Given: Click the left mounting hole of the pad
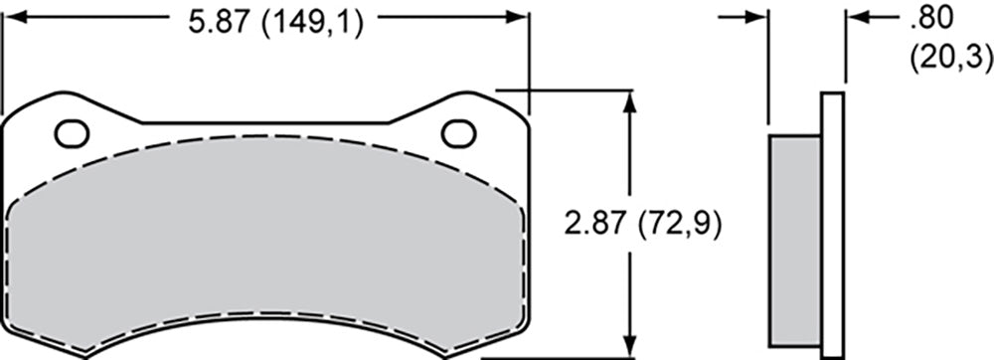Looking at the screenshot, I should [71, 132].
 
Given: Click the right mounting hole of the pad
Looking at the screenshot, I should [458, 132].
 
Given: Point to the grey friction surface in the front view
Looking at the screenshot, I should [268, 239].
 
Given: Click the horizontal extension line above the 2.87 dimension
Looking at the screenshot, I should [567, 90].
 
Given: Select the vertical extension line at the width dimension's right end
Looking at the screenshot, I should [529, 60].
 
